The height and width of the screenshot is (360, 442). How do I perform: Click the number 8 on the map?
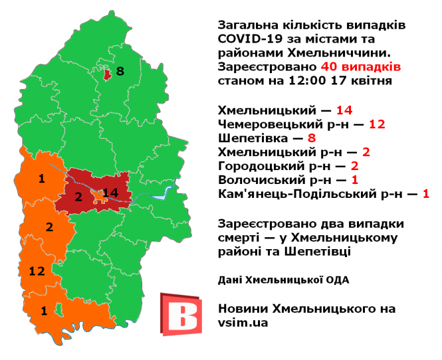coord(120,72)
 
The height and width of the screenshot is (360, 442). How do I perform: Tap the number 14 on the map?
coord(110,193)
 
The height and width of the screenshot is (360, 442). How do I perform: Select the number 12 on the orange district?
coord(37,270)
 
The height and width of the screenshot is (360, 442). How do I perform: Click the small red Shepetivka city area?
coord(106,74)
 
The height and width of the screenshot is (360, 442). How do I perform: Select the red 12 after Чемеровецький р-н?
coord(377,124)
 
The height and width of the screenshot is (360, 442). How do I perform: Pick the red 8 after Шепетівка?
coord(311,138)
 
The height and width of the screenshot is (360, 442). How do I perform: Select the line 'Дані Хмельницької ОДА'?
coord(283,280)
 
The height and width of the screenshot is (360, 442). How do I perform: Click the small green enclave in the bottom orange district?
coord(58,308)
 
